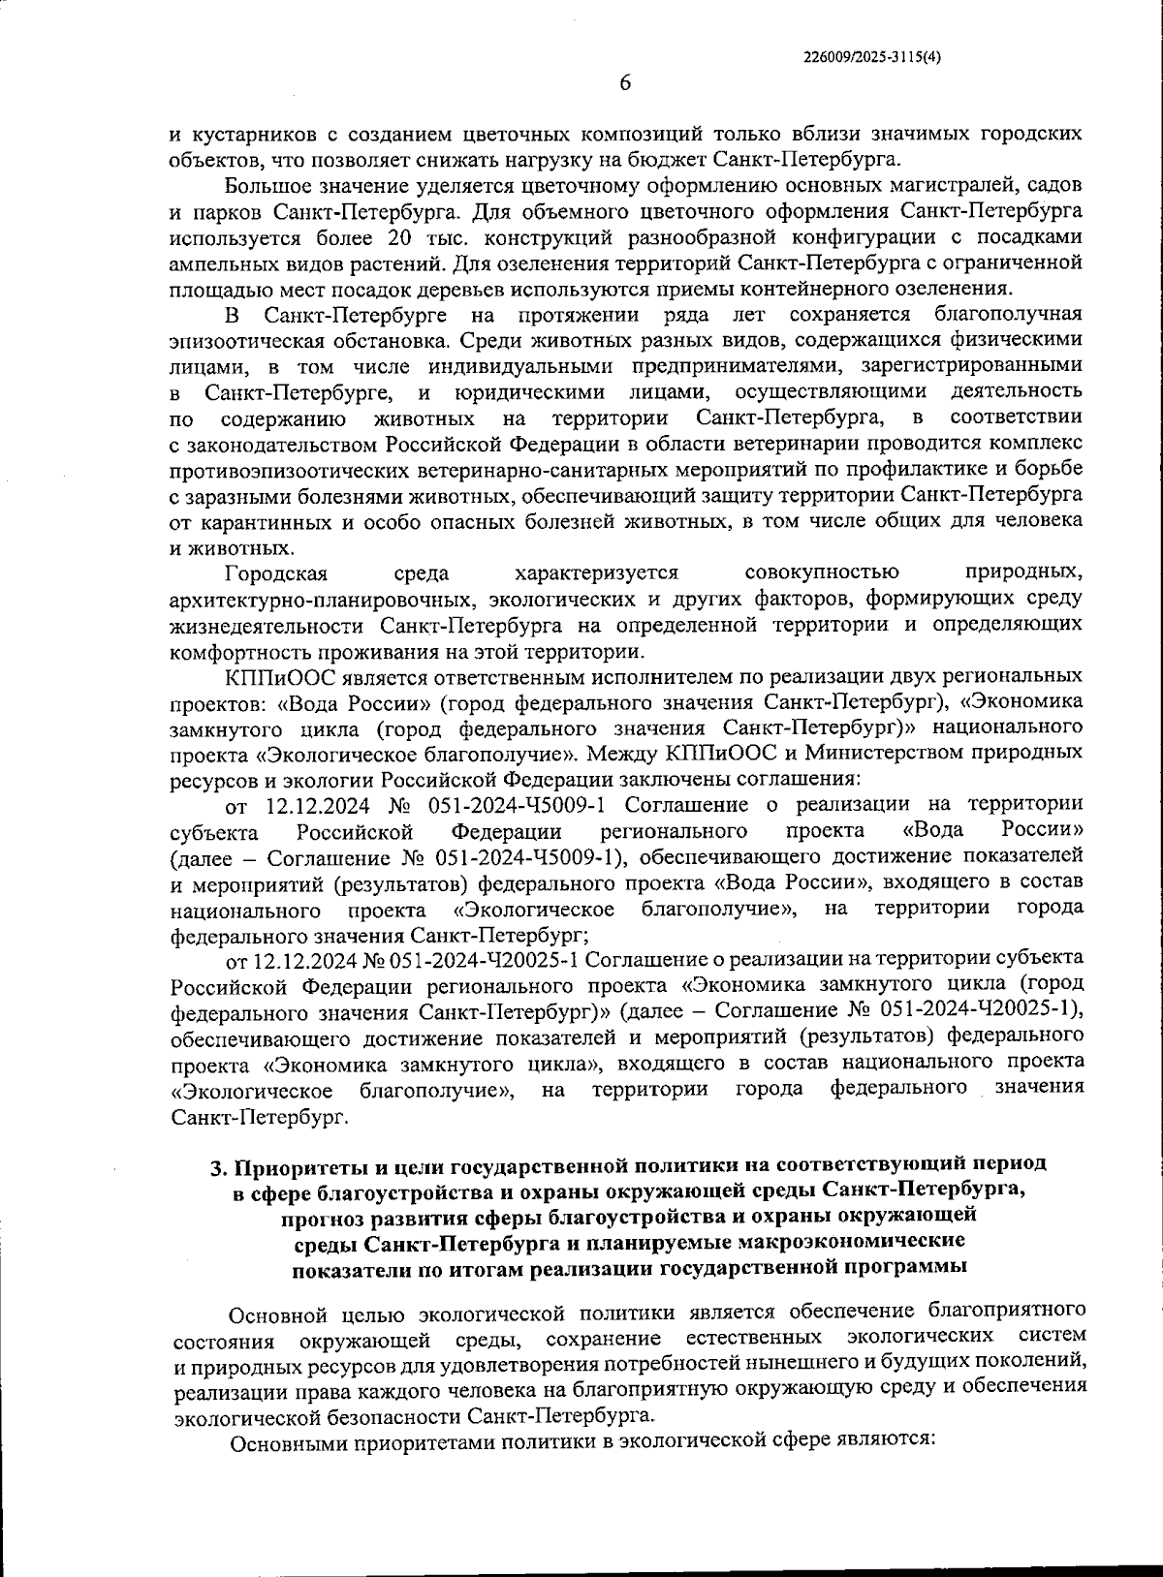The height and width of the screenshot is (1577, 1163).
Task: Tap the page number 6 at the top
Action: [x=625, y=84]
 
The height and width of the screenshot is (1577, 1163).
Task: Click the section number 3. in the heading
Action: [x=217, y=1163]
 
